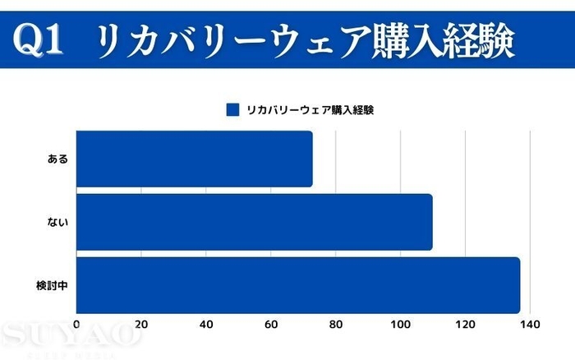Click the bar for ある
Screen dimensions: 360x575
194,159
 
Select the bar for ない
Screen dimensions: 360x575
254,222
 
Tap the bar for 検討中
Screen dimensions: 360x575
298,285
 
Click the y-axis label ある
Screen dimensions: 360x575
57,159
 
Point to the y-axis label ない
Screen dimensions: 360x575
57,222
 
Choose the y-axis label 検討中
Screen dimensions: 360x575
52,285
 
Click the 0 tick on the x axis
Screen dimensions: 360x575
76,325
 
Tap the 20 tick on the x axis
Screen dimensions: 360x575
141,325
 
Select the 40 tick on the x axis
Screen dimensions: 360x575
206,325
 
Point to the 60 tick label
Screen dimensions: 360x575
271,325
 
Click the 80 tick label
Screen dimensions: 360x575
336,325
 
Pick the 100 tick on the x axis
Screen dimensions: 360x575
400,325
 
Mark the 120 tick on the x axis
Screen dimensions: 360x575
465,325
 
